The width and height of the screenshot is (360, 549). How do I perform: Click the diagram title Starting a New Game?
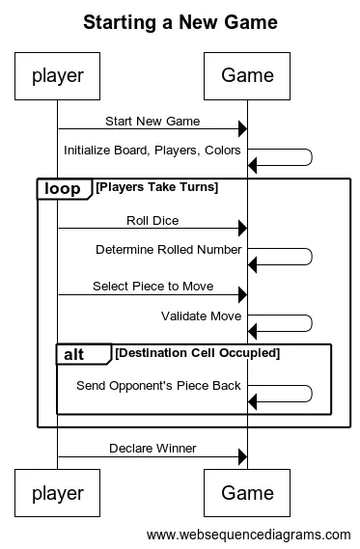click(180, 21)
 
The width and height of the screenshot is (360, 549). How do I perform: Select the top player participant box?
click(57, 74)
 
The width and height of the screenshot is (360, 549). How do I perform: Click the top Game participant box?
click(247, 74)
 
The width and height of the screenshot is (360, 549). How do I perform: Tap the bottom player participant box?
click(57, 493)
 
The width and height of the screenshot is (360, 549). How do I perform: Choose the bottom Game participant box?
click(247, 493)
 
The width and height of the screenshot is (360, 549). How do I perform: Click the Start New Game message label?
click(152, 122)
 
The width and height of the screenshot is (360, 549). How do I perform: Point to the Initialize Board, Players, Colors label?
click(152, 151)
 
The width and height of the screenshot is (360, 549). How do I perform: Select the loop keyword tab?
click(64, 189)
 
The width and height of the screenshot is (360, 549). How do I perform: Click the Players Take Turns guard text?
click(156, 187)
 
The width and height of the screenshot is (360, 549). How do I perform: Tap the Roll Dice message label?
click(152, 221)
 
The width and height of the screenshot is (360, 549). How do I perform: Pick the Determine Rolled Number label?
click(168, 250)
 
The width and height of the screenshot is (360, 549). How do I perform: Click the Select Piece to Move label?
click(152, 287)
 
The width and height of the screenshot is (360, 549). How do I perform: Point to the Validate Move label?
click(201, 316)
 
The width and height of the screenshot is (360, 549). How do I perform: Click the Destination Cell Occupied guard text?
click(197, 353)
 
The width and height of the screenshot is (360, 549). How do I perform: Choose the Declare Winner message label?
click(152, 449)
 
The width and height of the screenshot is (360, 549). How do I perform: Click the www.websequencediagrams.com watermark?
click(249, 534)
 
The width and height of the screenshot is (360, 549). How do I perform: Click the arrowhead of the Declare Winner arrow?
click(242, 456)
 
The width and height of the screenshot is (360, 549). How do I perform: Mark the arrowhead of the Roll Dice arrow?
click(242, 229)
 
